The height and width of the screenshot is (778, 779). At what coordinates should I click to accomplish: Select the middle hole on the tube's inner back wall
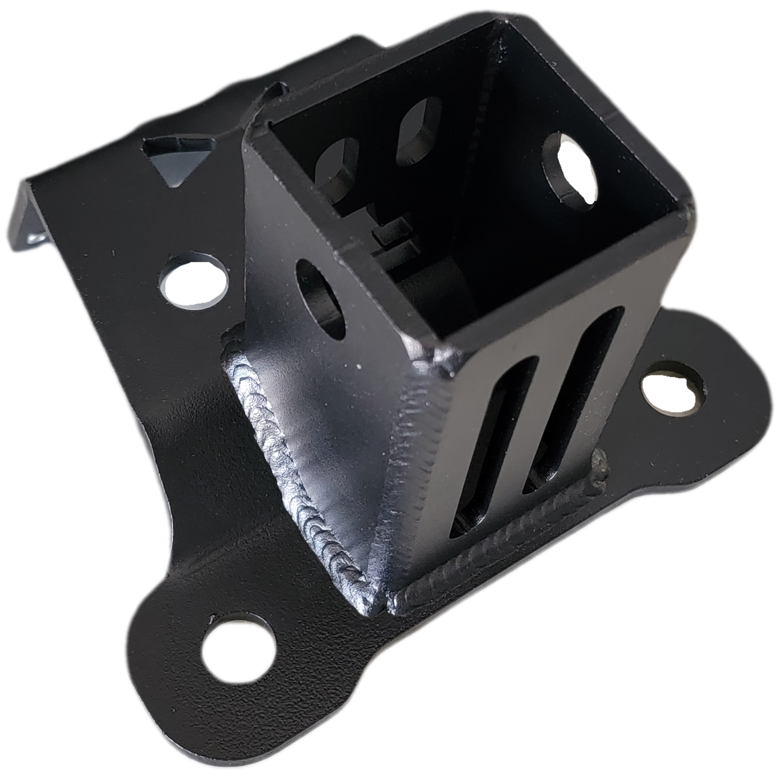419,129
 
